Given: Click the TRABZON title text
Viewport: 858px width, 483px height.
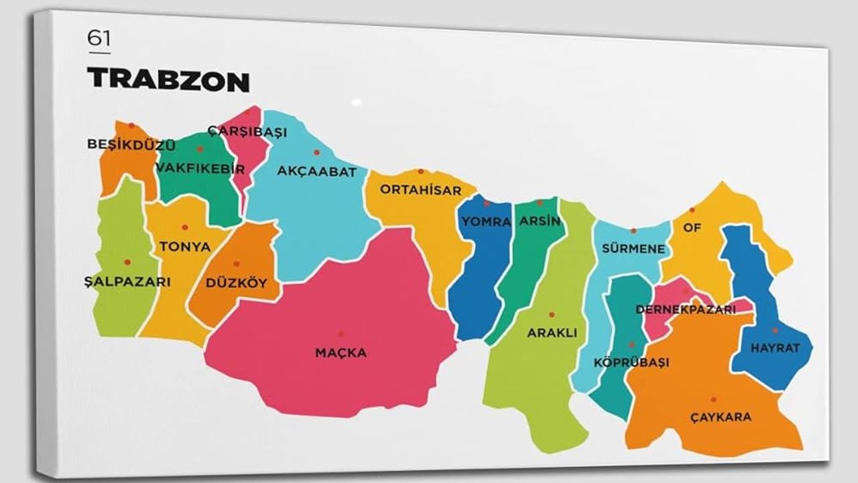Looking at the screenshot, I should pyautogui.click(x=168, y=80).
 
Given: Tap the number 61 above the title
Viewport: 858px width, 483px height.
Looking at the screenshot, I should pyautogui.click(x=99, y=39).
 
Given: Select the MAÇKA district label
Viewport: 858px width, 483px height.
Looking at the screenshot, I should pyautogui.click(x=341, y=353).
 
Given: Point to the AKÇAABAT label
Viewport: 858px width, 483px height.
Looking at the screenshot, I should pyautogui.click(x=316, y=172).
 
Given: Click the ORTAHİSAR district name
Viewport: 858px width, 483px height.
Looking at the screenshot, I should pyautogui.click(x=421, y=190).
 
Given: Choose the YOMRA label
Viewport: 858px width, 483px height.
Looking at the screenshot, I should pyautogui.click(x=487, y=221).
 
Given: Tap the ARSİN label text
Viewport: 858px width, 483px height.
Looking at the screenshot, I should pyautogui.click(x=540, y=221).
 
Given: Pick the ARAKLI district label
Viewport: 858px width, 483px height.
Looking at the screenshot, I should pyautogui.click(x=552, y=333).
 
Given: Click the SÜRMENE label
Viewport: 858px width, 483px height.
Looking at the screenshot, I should pyautogui.click(x=633, y=249).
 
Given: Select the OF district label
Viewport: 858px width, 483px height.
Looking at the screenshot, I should pyautogui.click(x=692, y=227).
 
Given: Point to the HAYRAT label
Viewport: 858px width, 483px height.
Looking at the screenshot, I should pyautogui.click(x=775, y=348).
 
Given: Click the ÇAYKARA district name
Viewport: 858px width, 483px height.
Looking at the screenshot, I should pyautogui.click(x=721, y=417).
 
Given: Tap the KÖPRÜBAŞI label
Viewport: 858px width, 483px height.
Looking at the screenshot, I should pyautogui.click(x=631, y=362).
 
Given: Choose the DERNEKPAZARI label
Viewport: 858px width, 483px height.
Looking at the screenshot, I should pyautogui.click(x=685, y=310).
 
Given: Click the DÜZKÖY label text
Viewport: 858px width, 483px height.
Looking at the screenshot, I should pyautogui.click(x=236, y=283).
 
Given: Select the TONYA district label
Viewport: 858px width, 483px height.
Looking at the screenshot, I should pyautogui.click(x=185, y=247).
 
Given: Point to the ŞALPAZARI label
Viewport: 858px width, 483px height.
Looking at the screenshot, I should pyautogui.click(x=127, y=282).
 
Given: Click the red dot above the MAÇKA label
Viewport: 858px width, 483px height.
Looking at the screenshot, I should pyautogui.click(x=341, y=334).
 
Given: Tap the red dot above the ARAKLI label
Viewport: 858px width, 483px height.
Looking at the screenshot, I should pyautogui.click(x=552, y=314).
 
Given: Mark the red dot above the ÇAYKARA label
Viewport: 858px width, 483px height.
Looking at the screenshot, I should pyautogui.click(x=713, y=399).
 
